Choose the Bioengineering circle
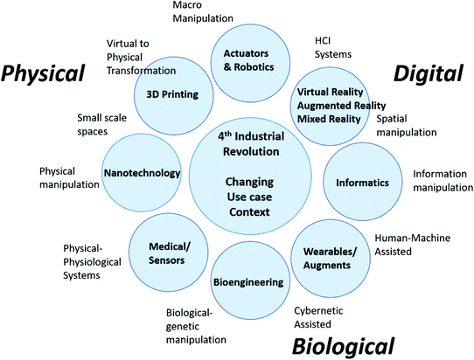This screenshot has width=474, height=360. tap(247, 282)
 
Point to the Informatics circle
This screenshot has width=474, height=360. tap(349, 183)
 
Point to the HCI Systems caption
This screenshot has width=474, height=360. tap(333, 47)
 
